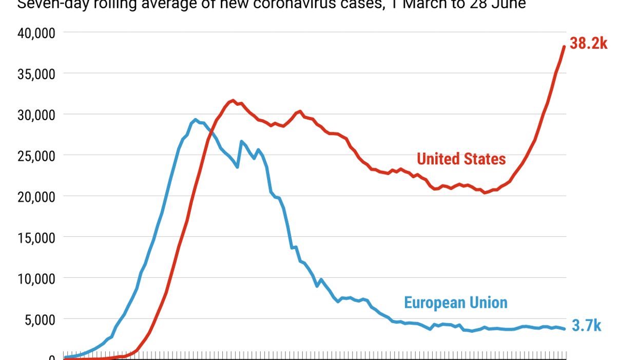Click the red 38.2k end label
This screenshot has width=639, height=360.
pyautogui.click(x=588, y=44)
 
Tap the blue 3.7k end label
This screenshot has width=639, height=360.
pyautogui.click(x=586, y=326)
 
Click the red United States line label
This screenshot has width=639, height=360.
pyautogui.click(x=461, y=159)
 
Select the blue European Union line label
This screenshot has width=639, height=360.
pyautogui.click(x=456, y=302)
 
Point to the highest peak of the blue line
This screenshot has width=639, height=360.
pyautogui.click(x=196, y=120)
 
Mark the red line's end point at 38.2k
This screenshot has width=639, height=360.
pyautogui.click(x=564, y=47)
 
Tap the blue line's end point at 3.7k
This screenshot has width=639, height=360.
pyautogui.click(x=565, y=329)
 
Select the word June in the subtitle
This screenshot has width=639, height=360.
pyautogui.click(x=508, y=5)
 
